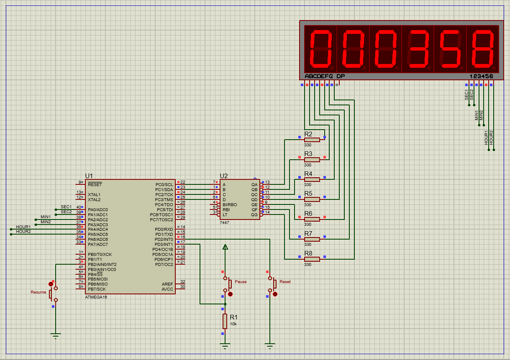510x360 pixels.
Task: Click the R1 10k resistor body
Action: click(225, 321)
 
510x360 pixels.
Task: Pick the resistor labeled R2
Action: click(312, 140)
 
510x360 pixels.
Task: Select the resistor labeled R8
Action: click(312, 259)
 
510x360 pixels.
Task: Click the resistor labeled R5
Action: click(312, 199)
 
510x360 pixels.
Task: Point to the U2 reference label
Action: click(224, 176)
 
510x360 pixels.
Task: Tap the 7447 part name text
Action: click(224, 222)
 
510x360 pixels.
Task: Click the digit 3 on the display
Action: click(418, 49)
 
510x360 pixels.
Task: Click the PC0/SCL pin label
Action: click(164, 184)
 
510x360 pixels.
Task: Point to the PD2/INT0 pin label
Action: click(164, 240)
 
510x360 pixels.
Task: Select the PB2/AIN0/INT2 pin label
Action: click(102, 265)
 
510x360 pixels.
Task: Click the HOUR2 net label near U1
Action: click(23, 231)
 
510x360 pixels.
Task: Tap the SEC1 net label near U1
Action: click(66, 207)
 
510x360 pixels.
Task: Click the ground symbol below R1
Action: click(225, 345)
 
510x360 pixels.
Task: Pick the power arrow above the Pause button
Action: click(225, 247)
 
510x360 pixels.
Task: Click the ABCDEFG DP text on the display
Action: click(325, 77)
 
